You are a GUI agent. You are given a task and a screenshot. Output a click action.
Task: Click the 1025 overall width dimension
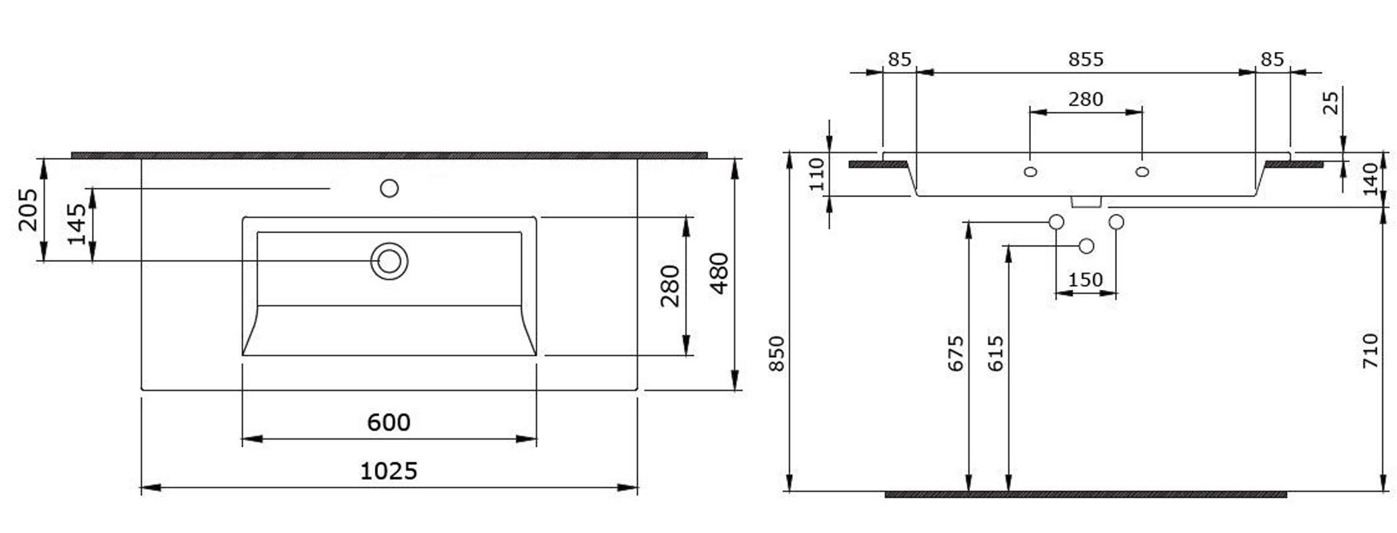pyautogui.click(x=389, y=471)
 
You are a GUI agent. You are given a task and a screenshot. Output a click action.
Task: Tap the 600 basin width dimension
pyautogui.click(x=389, y=422)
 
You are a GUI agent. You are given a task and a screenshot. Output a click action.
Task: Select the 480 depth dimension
pyautogui.click(x=719, y=273)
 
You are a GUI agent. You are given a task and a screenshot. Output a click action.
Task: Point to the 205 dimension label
pyautogui.click(x=28, y=210)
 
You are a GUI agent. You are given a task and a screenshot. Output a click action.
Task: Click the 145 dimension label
pyautogui.click(x=77, y=225)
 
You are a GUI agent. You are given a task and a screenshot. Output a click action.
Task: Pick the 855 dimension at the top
pyautogui.click(x=1086, y=59)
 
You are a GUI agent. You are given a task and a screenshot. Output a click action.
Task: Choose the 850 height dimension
pyautogui.click(x=777, y=354)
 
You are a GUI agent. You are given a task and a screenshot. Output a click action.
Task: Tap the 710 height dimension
pyautogui.click(x=1370, y=351)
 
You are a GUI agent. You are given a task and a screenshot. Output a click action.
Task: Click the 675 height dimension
pyautogui.click(x=956, y=354)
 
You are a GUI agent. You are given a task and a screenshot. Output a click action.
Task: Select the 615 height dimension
pyautogui.click(x=995, y=354)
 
